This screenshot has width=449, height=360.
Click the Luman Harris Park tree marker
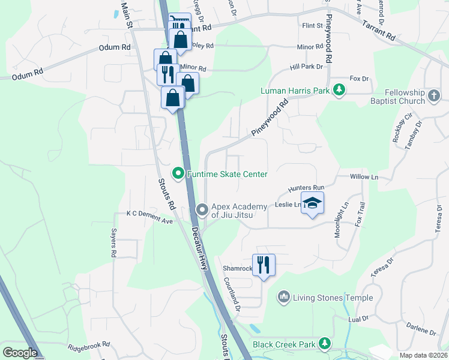pyautogui.click(x=339, y=90)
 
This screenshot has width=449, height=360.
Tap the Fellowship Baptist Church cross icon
pyautogui.click(x=434, y=95)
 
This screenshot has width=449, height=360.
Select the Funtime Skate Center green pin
pyautogui.click(x=178, y=174)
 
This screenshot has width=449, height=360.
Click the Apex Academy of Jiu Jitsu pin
pyautogui.click(x=202, y=210)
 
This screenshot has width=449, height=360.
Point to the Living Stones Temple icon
pyautogui.click(x=284, y=296)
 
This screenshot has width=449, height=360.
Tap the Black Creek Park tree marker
pyautogui.click(x=325, y=343)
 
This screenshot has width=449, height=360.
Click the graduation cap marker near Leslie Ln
pyautogui.click(x=312, y=204)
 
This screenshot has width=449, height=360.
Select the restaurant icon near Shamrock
pyautogui.click(x=264, y=264)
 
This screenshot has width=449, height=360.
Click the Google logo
pyautogui.click(x=20, y=353)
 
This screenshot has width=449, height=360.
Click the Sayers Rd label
pyautogui.click(x=113, y=243)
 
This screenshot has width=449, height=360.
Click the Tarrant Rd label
pyautogui.click(x=379, y=30)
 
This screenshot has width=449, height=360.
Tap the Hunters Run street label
pyautogui.click(x=306, y=188)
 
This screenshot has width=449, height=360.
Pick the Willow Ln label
pyautogui.click(x=365, y=177)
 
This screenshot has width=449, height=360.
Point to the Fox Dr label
pyautogui.click(x=358, y=79)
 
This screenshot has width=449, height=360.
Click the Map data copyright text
pyautogui.click(x=423, y=355)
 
